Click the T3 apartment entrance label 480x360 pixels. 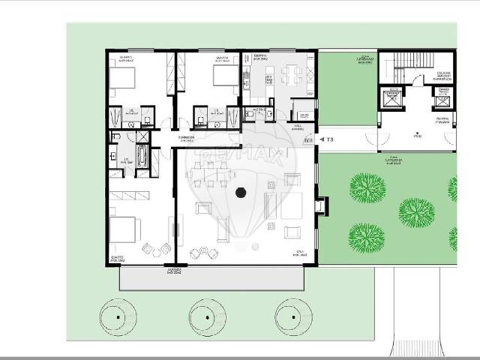pos(329,139)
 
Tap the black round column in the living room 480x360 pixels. pos(241,193)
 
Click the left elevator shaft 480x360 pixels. pos(392,100)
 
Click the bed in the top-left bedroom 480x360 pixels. pos(123,77)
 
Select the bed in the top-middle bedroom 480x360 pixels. pos(223,76)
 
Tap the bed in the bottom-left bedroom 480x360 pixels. pos(123,229)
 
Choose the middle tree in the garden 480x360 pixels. pos(416,212)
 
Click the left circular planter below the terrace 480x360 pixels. pos(118,316)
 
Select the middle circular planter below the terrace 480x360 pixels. pos(207,316)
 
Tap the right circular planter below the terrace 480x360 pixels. pos(293,316)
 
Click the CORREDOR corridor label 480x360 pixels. pos(187,139)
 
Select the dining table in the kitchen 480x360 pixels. pos(292,74)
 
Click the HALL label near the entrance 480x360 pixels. pos(297,126)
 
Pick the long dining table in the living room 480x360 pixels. pos(211,173)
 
